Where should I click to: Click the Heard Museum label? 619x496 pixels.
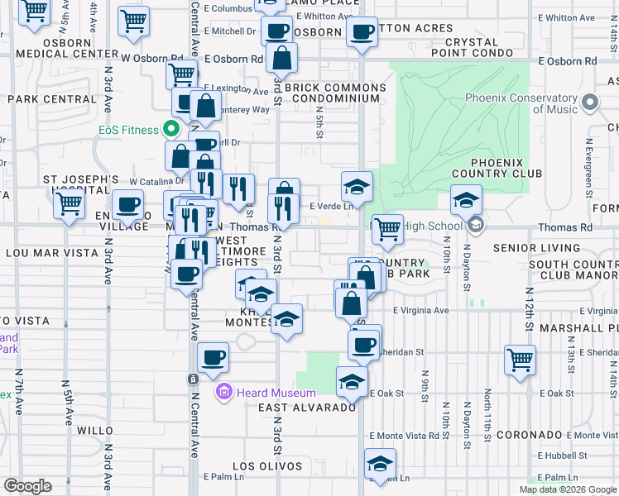pyautogui.click(x=276, y=393)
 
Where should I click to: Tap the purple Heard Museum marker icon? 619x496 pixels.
pyautogui.click(x=223, y=392)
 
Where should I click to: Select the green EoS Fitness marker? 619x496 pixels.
pyautogui.click(x=171, y=129)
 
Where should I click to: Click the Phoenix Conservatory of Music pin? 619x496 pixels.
pyautogui.click(x=589, y=103)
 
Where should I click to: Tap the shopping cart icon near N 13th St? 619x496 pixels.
pyautogui.click(x=520, y=359)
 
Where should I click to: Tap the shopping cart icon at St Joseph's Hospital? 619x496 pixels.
pyautogui.click(x=70, y=202)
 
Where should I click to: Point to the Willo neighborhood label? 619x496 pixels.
pyautogui.click(x=94, y=431)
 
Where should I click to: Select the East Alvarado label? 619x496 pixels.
pyautogui.click(x=307, y=408)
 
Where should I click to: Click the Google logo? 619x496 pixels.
pyautogui.click(x=27, y=486)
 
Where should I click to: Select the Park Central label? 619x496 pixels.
pyautogui.click(x=52, y=99)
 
